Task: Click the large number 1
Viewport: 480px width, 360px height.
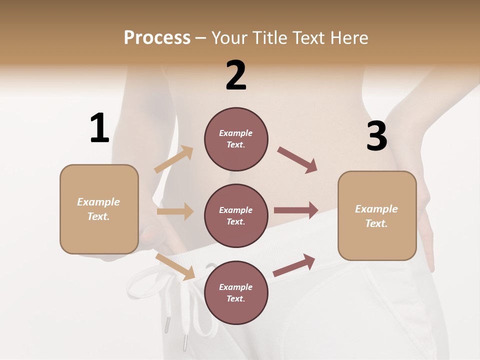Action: click(x=99, y=128)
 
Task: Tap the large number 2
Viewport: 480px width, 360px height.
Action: click(x=236, y=75)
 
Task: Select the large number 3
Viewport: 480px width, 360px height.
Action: click(x=377, y=136)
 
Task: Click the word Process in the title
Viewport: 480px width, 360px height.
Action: click(x=157, y=37)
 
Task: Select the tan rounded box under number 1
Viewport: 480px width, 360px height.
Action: click(x=99, y=209)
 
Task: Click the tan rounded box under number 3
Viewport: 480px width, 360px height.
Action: click(x=377, y=215)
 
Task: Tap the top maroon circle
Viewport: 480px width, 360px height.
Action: click(x=236, y=139)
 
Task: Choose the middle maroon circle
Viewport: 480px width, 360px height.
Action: click(x=236, y=215)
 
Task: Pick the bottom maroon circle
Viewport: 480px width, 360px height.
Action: click(x=236, y=292)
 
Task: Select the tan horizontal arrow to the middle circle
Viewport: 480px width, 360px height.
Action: click(x=175, y=211)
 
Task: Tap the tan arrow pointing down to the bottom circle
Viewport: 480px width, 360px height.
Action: click(x=175, y=266)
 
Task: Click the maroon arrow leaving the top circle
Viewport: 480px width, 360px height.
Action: click(x=297, y=160)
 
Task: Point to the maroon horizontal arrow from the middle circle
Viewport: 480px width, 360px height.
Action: click(x=296, y=210)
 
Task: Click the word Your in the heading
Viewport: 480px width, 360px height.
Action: click(x=229, y=37)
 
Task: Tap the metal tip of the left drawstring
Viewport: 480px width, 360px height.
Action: click(x=166, y=325)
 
